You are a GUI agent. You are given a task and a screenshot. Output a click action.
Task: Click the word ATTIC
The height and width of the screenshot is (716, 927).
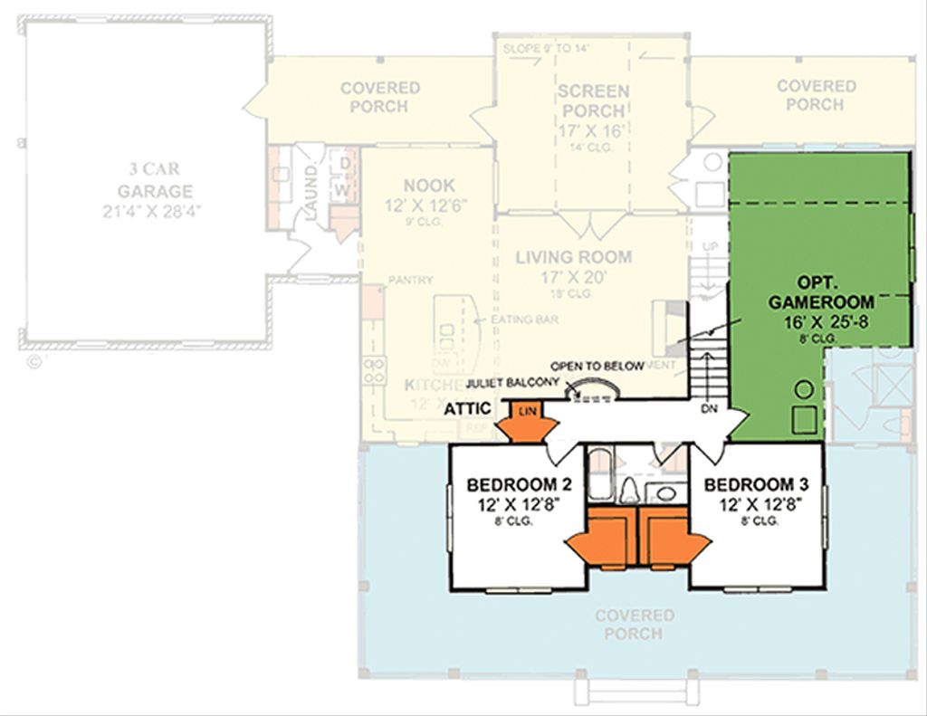pos(468,409)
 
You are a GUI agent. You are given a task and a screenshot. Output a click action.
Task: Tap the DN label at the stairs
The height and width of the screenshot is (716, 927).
pos(711,409)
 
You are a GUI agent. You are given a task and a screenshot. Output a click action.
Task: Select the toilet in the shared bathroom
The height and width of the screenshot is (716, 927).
pos(629,491)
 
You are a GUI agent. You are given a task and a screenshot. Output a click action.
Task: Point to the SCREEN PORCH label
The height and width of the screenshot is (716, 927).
pos(593,100)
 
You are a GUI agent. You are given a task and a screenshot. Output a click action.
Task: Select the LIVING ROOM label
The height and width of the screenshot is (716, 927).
pos(573,257)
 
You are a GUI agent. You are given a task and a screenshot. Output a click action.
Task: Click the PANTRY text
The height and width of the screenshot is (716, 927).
pos(411,281)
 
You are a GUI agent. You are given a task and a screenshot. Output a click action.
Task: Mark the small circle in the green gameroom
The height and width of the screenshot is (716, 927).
pos(801,390)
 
